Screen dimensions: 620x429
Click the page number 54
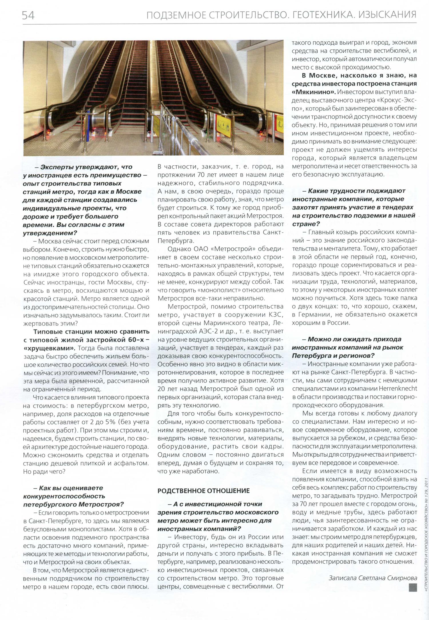pyautogui.click(x=28, y=15)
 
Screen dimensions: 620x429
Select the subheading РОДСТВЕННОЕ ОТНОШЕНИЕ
pyautogui.click(x=203, y=490)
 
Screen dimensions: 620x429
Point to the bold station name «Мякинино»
pyautogui.click(x=313, y=92)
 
